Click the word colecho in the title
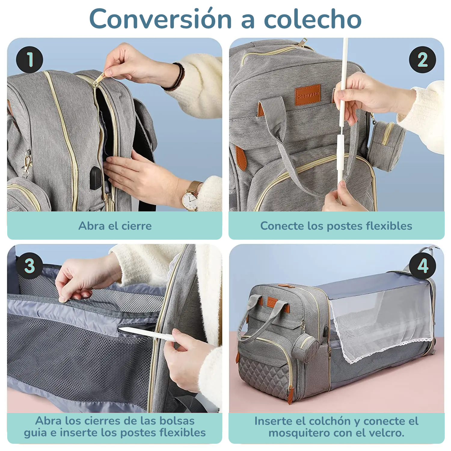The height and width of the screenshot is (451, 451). tap(312, 19)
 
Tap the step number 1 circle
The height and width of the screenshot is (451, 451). tap(29, 59)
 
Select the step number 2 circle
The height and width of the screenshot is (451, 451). tap(422, 60)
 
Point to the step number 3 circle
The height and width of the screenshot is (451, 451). tap(29, 266)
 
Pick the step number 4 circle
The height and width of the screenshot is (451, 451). tap(422, 266)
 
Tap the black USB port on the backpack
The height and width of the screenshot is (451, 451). tap(96, 178)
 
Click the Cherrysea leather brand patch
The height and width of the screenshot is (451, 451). tap(307, 95)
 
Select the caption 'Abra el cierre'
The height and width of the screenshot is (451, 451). tap(115, 226)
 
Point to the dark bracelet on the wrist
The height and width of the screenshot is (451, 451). tap(178, 76)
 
